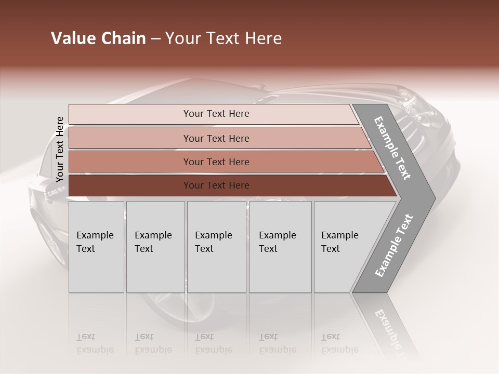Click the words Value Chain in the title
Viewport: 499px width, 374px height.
[x=98, y=38]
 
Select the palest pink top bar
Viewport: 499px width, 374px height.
[x=216, y=114]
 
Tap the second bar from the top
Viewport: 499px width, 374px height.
[x=216, y=138]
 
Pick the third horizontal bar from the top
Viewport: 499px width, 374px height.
[x=216, y=162]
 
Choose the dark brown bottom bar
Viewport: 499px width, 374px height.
[x=216, y=185]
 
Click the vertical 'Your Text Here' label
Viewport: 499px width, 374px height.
[x=60, y=149]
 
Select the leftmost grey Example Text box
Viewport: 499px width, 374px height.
[x=96, y=247]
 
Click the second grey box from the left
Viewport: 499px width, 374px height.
[x=155, y=247]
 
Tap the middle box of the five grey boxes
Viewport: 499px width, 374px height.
[x=216, y=247]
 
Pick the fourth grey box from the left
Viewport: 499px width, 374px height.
[x=280, y=247]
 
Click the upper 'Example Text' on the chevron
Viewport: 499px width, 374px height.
[x=393, y=148]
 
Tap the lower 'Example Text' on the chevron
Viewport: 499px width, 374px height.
[x=394, y=246]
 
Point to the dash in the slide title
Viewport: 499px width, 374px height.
[x=155, y=39]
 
